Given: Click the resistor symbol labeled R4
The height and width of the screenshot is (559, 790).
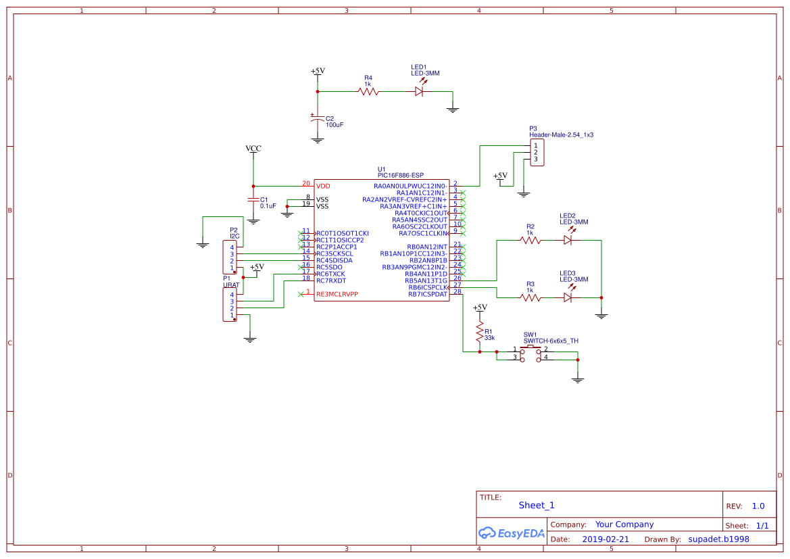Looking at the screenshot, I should click(x=368, y=91).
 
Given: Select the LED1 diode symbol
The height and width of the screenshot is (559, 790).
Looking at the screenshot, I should click(x=419, y=91).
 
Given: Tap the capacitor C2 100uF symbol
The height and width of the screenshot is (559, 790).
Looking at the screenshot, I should click(x=317, y=120).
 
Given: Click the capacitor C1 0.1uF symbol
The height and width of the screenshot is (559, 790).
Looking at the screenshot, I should click(x=253, y=201).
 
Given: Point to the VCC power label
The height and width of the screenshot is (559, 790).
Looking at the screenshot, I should click(x=253, y=149).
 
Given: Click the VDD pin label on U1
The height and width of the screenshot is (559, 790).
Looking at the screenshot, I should click(x=323, y=185).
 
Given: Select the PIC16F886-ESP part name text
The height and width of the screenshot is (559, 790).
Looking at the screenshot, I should click(x=401, y=175).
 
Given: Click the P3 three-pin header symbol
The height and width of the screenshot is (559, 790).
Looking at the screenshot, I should click(x=537, y=152).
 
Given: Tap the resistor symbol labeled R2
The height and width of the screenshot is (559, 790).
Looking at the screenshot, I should click(x=530, y=239).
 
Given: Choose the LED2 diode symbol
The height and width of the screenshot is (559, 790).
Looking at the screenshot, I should click(x=568, y=239).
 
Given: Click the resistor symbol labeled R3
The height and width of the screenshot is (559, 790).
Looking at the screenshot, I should click(x=530, y=297).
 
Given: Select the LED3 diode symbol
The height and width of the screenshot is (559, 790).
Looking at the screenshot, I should click(x=568, y=297).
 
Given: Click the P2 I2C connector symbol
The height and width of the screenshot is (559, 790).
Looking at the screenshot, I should click(x=229, y=258).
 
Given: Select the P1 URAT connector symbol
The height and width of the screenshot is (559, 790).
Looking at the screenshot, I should click(x=229, y=305).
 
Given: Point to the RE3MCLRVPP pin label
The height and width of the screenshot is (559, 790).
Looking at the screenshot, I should click(x=337, y=294).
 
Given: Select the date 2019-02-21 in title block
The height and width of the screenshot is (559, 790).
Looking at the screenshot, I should click(x=605, y=539).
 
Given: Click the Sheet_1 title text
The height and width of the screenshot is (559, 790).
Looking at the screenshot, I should click(x=536, y=505).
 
